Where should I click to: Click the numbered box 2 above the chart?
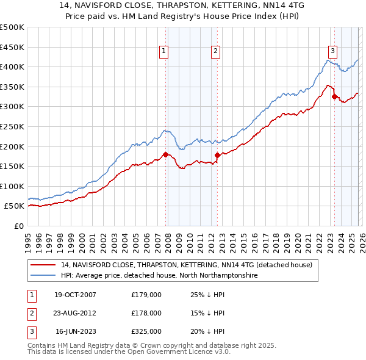216,52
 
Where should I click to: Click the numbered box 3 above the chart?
333,51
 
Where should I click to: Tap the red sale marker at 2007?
165,154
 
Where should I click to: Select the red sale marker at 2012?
218,155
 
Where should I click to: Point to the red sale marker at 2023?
334,96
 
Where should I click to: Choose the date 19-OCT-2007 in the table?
75,295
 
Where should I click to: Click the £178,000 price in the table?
146,314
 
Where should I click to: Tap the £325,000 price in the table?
146,333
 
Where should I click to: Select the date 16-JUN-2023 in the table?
76,333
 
